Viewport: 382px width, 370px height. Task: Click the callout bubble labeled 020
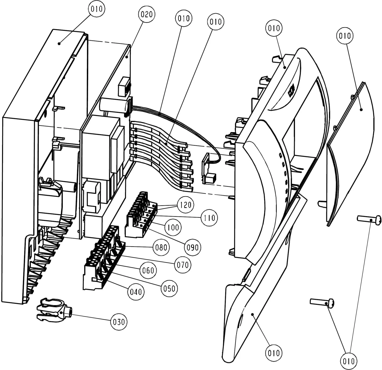click(x=147, y=15)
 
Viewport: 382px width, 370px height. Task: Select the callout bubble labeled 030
click(x=119, y=322)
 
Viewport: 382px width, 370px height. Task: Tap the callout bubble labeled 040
click(x=136, y=291)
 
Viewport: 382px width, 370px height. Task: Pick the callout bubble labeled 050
click(x=169, y=288)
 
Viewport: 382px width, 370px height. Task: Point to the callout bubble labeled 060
click(x=148, y=270)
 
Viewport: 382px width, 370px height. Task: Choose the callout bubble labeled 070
click(x=183, y=265)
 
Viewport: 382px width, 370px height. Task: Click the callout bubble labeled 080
click(x=161, y=247)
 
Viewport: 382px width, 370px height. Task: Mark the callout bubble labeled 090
click(x=193, y=247)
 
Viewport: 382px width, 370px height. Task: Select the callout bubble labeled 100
click(x=173, y=227)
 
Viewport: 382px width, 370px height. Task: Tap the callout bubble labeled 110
click(x=209, y=218)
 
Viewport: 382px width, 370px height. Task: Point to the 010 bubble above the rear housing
click(x=97, y=9)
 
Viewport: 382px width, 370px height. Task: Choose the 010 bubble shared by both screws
click(x=349, y=361)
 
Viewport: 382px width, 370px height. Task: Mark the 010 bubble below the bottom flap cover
click(x=274, y=353)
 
